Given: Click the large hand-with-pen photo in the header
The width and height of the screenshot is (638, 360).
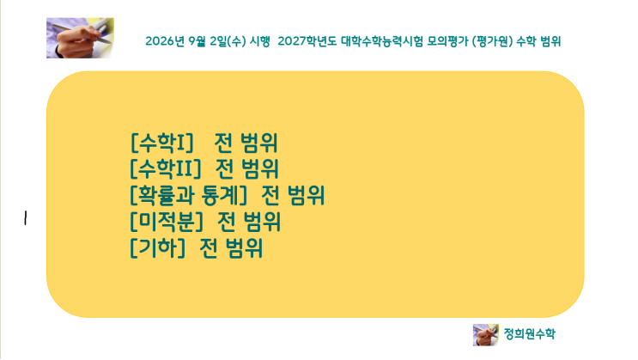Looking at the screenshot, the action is [x=80, y=38].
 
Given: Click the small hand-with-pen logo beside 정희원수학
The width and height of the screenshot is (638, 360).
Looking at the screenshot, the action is [x=486, y=335].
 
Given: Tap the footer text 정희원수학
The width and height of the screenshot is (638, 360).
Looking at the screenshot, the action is [x=529, y=334].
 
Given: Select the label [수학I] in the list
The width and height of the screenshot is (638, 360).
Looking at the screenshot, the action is [x=161, y=143].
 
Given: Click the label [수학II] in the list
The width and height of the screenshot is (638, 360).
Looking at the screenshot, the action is [x=166, y=168].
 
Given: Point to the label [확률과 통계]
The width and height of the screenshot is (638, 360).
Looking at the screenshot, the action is [x=189, y=195].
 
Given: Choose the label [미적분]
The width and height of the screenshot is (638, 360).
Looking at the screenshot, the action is [x=167, y=222].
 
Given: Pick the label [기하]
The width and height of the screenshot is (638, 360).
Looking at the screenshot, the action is [x=158, y=248].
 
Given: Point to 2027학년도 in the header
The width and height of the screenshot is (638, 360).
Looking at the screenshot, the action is [x=307, y=41].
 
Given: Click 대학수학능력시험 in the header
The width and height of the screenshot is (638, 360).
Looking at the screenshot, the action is [x=382, y=41].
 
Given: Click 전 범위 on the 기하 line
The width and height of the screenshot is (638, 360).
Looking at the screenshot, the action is [x=231, y=248].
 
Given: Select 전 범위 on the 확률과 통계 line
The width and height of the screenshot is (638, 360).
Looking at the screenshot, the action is [x=293, y=195].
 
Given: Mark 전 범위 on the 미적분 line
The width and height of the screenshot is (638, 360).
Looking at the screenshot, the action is [x=249, y=222].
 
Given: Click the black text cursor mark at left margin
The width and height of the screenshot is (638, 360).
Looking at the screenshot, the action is [x=26, y=218].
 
